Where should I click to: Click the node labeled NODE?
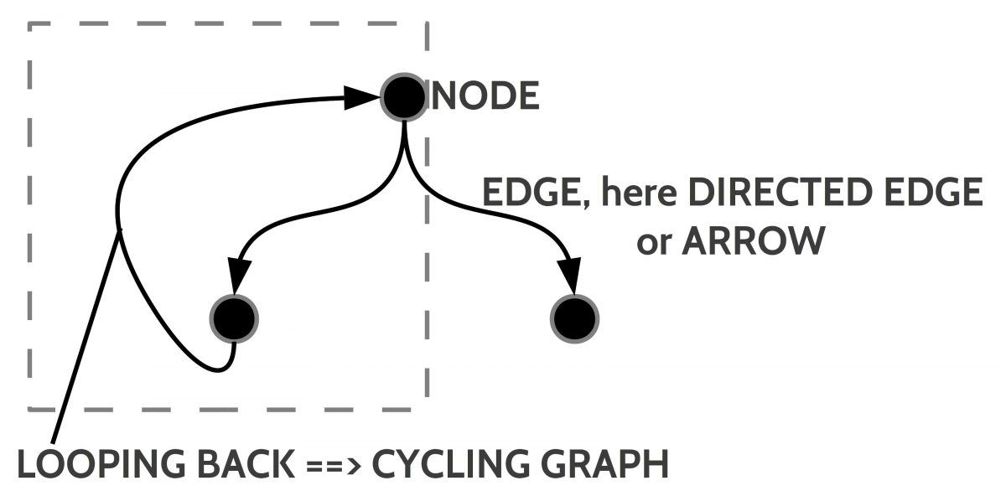pos(404,99)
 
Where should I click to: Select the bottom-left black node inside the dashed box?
pos(234,318)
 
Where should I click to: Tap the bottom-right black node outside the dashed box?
pos(575,318)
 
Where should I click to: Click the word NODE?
pos(485,97)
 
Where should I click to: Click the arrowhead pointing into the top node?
pos(360,99)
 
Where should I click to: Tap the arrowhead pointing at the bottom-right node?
pos(572,277)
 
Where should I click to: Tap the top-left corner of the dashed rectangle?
pos(31,25)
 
